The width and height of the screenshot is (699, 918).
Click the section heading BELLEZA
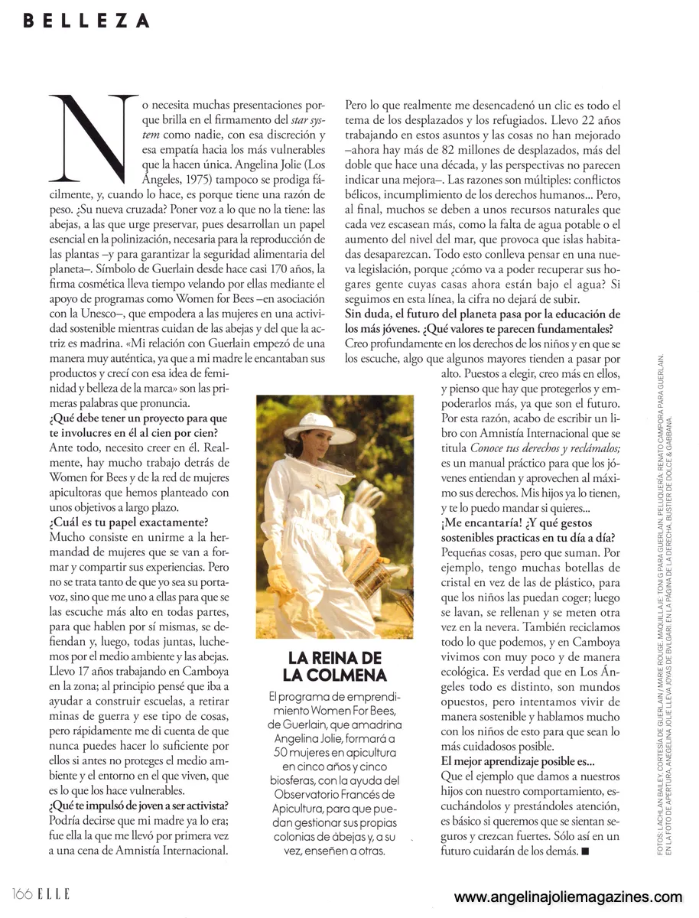click(x=86, y=21)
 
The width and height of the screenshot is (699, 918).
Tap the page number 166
click(x=23, y=893)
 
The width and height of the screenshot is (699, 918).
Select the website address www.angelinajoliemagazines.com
click(x=567, y=897)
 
